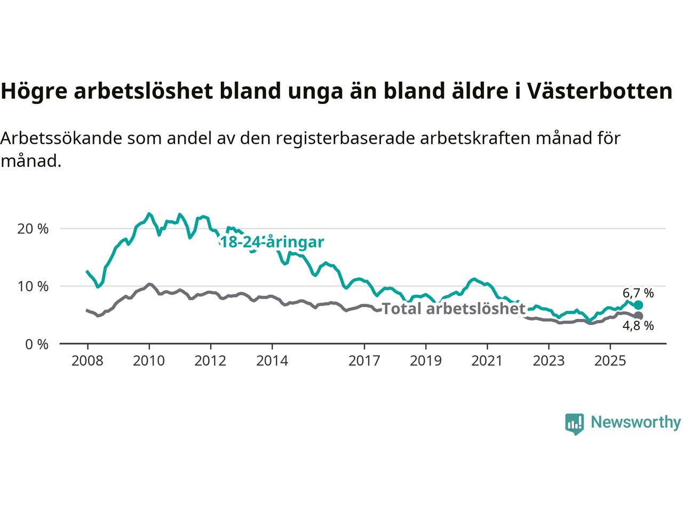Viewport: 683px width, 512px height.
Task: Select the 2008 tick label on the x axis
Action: click(x=87, y=361)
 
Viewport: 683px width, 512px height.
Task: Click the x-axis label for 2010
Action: click(x=149, y=361)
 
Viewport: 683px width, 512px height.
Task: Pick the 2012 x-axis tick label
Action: click(x=210, y=361)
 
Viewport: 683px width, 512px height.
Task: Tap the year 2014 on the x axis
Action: click(x=272, y=361)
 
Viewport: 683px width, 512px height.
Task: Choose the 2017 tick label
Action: click(x=364, y=361)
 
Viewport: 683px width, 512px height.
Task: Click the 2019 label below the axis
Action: click(x=426, y=361)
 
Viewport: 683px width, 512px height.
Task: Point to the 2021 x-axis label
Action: click(x=487, y=361)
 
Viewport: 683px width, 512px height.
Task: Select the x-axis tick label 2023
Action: click(x=549, y=361)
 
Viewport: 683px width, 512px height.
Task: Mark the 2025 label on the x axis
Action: click(x=610, y=361)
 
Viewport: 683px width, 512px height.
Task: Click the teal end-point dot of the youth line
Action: click(x=638, y=305)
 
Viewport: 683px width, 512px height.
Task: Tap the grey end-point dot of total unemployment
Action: click(x=638, y=316)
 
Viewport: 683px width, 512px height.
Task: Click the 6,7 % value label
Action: click(x=638, y=293)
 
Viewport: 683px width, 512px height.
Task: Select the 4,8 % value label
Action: click(x=638, y=326)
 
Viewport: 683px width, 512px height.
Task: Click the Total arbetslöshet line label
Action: click(x=454, y=309)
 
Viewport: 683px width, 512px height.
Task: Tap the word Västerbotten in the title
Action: click(x=600, y=91)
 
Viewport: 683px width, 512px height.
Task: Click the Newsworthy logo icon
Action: click(x=574, y=423)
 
